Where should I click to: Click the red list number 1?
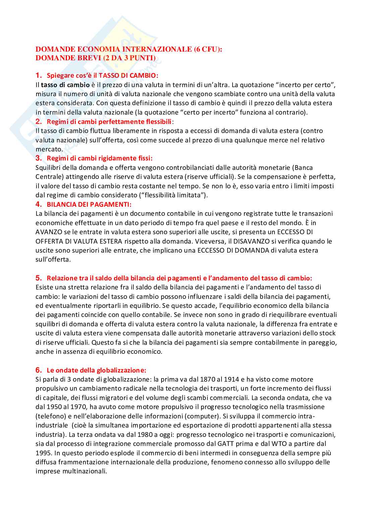pos(39,75)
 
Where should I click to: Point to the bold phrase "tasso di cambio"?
pos(65,85)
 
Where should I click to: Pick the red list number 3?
pos(39,158)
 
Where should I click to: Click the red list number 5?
pos(39,278)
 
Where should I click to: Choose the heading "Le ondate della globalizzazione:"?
pos(97,370)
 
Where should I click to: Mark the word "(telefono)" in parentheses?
pos(50,416)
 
